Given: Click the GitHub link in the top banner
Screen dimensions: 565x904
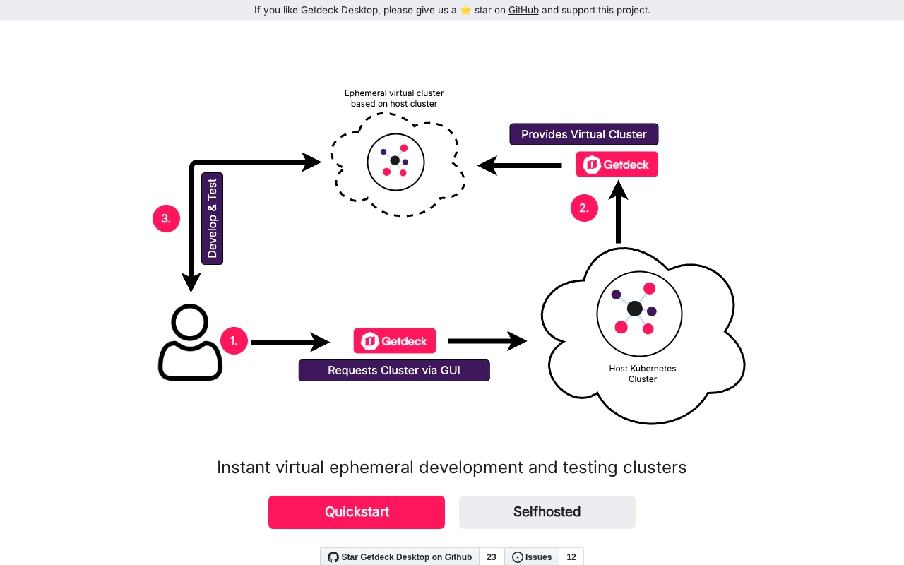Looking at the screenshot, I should (523, 10).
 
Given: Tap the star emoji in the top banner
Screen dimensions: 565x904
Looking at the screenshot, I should (465, 10).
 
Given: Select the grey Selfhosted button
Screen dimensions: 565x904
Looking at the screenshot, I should (547, 512).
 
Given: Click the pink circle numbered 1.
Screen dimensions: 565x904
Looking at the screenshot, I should (234, 341).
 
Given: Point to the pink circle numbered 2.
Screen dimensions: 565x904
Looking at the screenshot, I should (584, 208).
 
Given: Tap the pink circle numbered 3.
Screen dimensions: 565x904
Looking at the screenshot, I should (166, 218).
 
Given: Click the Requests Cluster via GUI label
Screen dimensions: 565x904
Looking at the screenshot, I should (393, 370).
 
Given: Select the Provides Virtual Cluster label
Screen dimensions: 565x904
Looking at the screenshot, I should (583, 134).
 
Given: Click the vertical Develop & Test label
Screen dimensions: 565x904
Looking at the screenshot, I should (212, 218).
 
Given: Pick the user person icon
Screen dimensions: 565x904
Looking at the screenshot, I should (190, 343).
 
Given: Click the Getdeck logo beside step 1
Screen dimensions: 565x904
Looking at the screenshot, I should (394, 341).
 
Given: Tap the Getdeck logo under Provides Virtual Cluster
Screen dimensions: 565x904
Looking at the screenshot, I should (617, 165).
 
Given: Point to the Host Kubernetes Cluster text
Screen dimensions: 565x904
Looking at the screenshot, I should (642, 374).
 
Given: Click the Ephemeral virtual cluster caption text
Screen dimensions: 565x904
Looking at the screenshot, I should (393, 98).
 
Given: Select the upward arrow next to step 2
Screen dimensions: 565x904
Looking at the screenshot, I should (618, 212).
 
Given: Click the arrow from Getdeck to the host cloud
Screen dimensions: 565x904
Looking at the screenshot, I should (487, 341).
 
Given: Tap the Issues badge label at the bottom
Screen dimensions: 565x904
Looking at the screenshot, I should (532, 557).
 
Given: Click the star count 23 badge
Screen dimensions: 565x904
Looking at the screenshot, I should (492, 557).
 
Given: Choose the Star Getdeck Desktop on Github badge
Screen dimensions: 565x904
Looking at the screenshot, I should (400, 557).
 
